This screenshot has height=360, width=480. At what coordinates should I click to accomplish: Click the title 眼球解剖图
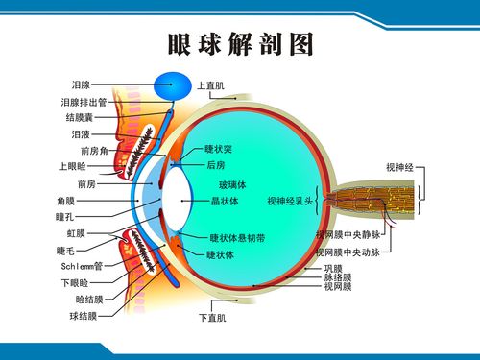[x=240, y=44]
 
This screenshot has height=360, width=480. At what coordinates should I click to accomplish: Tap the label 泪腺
[x=81, y=85]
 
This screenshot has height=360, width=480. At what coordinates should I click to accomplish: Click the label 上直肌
[x=210, y=86]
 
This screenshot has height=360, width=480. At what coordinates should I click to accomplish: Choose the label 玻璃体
[x=231, y=183]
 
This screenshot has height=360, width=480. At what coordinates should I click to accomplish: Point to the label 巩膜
[x=332, y=268]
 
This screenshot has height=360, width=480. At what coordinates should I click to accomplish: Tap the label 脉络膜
[x=337, y=277]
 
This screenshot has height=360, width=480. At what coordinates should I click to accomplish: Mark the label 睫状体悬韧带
[x=237, y=237]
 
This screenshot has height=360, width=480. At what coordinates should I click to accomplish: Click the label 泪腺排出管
[x=84, y=102]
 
